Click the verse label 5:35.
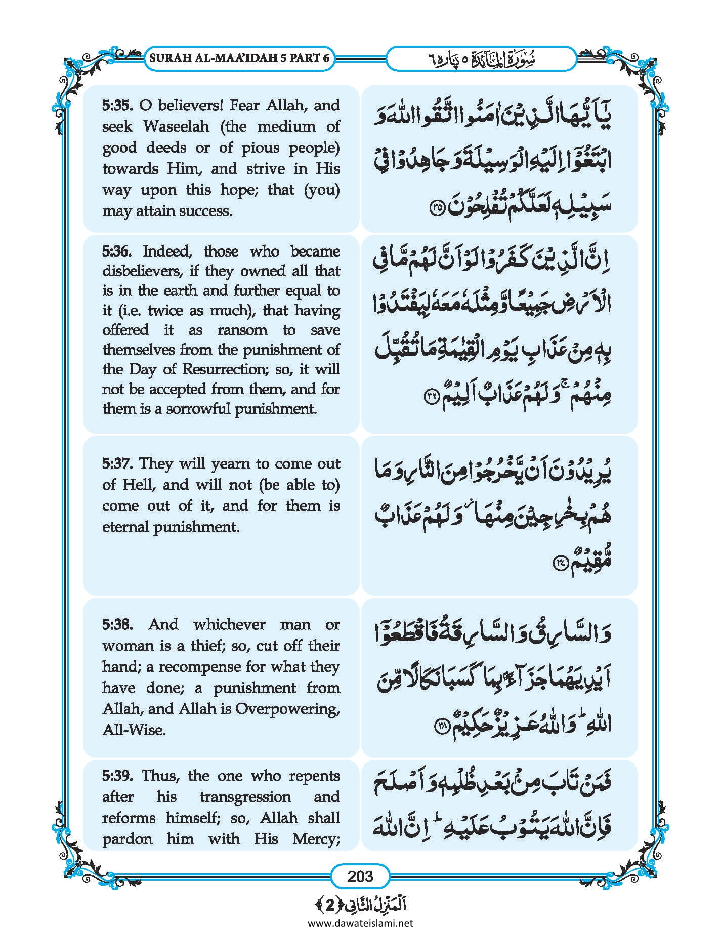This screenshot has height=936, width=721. pyautogui.click(x=117, y=106)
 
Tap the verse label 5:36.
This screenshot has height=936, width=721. pyautogui.click(x=117, y=251)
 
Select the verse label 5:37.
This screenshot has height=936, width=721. pyautogui.click(x=117, y=463)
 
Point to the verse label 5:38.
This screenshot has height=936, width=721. pyautogui.click(x=117, y=625)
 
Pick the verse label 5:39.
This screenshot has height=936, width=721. pyautogui.click(x=117, y=776)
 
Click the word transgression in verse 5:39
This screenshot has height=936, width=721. pyautogui.click(x=245, y=797)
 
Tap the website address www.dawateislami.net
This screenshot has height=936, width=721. pyautogui.click(x=360, y=923)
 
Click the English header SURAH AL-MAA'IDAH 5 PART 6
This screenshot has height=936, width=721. pyautogui.click(x=239, y=58)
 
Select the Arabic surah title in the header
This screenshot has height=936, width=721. pyautogui.click(x=481, y=59)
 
